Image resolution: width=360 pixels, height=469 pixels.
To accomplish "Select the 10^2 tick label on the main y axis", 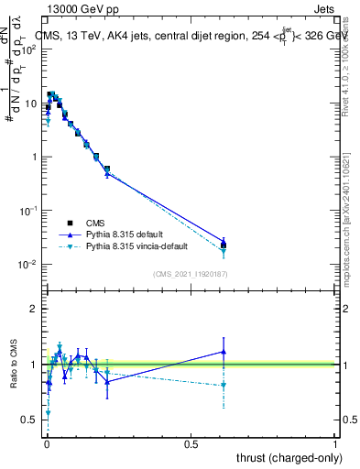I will [27, 49].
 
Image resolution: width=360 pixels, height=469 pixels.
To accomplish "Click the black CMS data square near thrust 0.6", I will [224, 245].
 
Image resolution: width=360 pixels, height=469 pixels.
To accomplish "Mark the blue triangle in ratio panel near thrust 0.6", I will [224, 352].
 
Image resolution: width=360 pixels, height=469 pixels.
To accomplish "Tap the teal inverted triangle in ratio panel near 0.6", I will [224, 385].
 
